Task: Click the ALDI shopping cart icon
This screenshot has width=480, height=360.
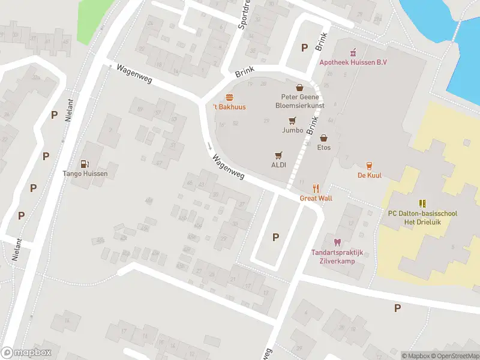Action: tap(278, 155)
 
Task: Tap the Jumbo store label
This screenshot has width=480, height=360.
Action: tap(292, 129)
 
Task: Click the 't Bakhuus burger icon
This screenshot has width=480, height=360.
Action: tap(229, 97)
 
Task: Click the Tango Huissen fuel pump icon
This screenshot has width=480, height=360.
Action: tap(85, 164)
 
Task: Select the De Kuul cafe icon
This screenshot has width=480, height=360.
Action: tap(370, 166)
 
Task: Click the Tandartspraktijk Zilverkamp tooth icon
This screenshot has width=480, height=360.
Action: tap(337, 242)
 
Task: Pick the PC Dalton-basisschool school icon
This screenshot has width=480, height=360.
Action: tap(422, 203)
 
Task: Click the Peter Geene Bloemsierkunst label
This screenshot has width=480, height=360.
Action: tap(299, 100)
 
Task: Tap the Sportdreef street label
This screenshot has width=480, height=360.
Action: tap(244, 18)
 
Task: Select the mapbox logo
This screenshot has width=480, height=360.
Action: tap(26, 353)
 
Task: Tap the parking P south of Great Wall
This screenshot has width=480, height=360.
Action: tap(275, 236)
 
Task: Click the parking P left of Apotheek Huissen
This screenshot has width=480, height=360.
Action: tap(304, 47)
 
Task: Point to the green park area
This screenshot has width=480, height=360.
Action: tap(90, 18)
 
